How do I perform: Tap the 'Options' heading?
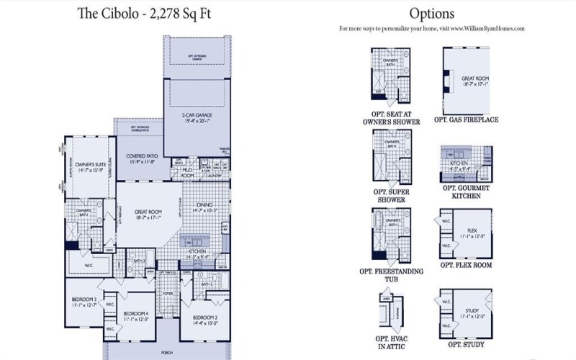point(431,13)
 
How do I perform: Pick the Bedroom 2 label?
point(206,318)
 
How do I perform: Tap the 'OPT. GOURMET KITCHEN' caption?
point(466,192)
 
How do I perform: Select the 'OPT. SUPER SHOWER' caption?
point(391,195)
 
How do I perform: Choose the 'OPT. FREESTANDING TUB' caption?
point(391,276)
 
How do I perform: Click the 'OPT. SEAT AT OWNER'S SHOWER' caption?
point(391,118)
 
